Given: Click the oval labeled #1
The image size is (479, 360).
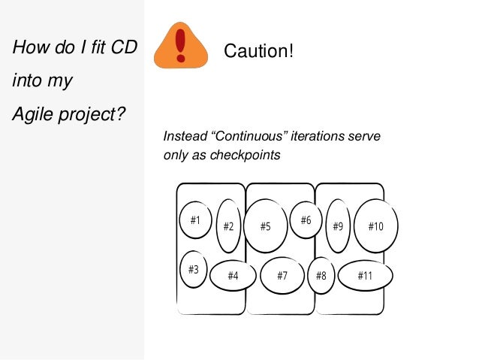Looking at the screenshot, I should pos(195,221).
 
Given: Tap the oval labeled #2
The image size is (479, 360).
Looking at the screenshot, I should pos(228,225).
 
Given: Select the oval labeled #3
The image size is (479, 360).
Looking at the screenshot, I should pos(194,269).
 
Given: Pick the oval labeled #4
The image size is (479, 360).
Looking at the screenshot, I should pos(233,276).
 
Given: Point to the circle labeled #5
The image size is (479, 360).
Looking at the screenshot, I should pos(266,225).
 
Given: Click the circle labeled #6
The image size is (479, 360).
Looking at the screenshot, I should pos(306,220).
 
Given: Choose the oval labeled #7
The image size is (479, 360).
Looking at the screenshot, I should pos(282,276).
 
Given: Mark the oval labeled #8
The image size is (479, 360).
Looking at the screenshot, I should pos(321,276).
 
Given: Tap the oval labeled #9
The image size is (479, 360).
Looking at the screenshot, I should pos(338,225).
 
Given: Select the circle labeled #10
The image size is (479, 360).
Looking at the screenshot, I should pos(375,225).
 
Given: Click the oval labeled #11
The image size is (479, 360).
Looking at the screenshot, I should pos(366,276).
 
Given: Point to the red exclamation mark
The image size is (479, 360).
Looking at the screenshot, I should pos(180,45).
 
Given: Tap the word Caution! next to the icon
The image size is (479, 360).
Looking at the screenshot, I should pos(259,53).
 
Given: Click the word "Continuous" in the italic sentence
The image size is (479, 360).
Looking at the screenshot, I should pos(245,138).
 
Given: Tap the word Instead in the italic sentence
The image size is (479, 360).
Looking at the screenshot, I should pos(183,138).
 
